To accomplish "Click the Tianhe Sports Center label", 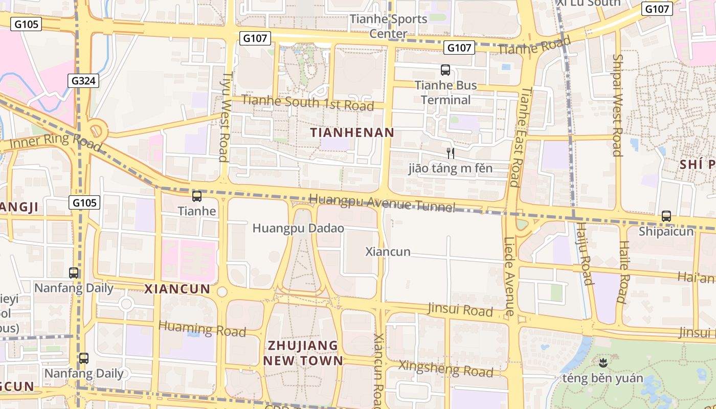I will [x=388, y=26].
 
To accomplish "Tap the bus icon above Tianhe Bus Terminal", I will [x=445, y=70].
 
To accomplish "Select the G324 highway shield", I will [x=84, y=81].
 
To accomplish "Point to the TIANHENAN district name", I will [x=352, y=132].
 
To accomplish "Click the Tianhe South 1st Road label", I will [x=307, y=102].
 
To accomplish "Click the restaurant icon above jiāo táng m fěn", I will [x=451, y=153].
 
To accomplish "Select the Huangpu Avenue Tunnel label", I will [x=382, y=202].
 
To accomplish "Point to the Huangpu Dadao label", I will [x=298, y=228].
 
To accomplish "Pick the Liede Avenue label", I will [x=510, y=276].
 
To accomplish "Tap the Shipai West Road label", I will [x=617, y=105].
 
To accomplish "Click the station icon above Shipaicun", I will [x=666, y=216].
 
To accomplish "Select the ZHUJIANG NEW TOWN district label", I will [x=303, y=353].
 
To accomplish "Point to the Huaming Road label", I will [x=202, y=328].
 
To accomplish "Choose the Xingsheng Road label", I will [x=445, y=368].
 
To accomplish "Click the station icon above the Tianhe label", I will [x=197, y=196].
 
